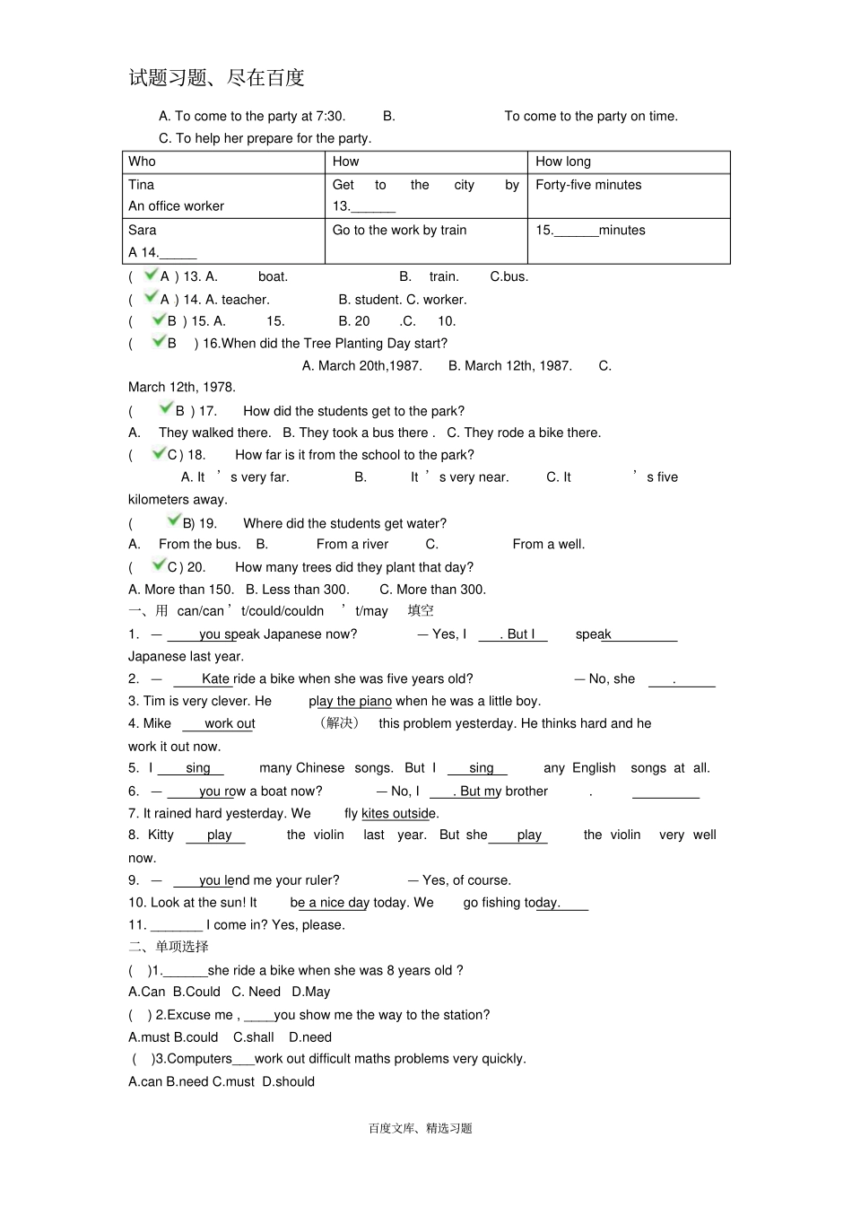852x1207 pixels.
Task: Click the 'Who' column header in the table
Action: tap(142, 162)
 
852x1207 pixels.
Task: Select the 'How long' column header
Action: tap(563, 162)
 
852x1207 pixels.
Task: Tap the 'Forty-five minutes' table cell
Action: tap(588, 185)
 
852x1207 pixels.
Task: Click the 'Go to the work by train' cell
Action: tap(399, 231)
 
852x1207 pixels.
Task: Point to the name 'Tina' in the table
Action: tap(141, 185)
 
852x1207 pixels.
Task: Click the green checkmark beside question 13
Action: tap(151, 275)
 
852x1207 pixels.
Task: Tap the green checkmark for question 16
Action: tap(159, 341)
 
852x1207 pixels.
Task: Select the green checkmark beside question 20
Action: tap(159, 564)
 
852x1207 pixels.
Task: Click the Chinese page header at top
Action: tap(216, 78)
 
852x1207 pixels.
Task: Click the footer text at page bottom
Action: tap(420, 1128)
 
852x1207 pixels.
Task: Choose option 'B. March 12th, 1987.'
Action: tap(509, 366)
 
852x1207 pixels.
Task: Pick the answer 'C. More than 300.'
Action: tap(432, 590)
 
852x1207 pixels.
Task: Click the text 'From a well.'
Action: tap(548, 545)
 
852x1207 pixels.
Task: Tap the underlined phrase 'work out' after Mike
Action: tap(230, 724)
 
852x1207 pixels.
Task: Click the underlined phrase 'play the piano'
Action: tap(350, 702)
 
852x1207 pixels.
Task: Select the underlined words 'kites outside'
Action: tap(399, 814)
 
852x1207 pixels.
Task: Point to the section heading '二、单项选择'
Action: tap(169, 947)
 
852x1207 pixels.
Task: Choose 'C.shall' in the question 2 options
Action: tap(253, 1037)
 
